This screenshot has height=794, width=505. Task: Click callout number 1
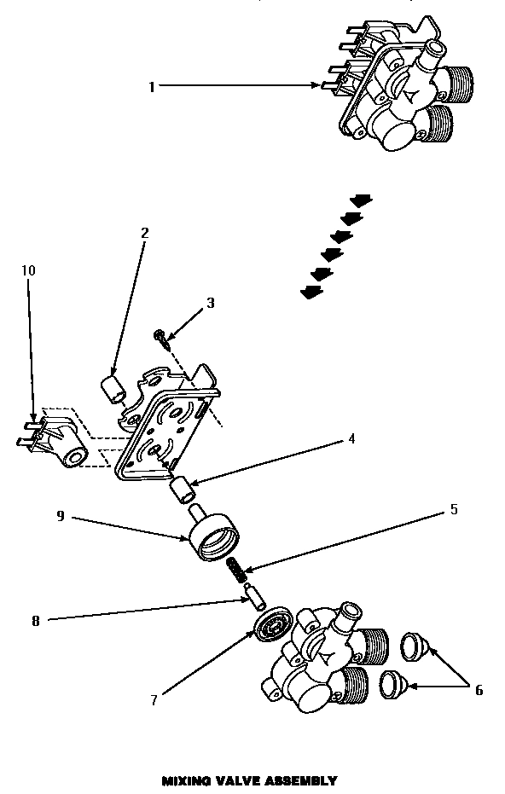click(x=151, y=85)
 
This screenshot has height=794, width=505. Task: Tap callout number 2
click(x=144, y=232)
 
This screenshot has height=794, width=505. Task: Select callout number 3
click(x=210, y=303)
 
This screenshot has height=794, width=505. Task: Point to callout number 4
click(x=351, y=440)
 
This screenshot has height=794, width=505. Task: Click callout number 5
click(x=453, y=510)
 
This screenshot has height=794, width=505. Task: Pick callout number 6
click(x=479, y=689)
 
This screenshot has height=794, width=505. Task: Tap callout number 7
click(x=154, y=701)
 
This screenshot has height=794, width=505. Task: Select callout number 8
click(x=35, y=622)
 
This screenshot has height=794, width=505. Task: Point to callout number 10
click(x=28, y=270)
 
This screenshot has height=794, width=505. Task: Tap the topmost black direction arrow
click(x=362, y=200)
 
